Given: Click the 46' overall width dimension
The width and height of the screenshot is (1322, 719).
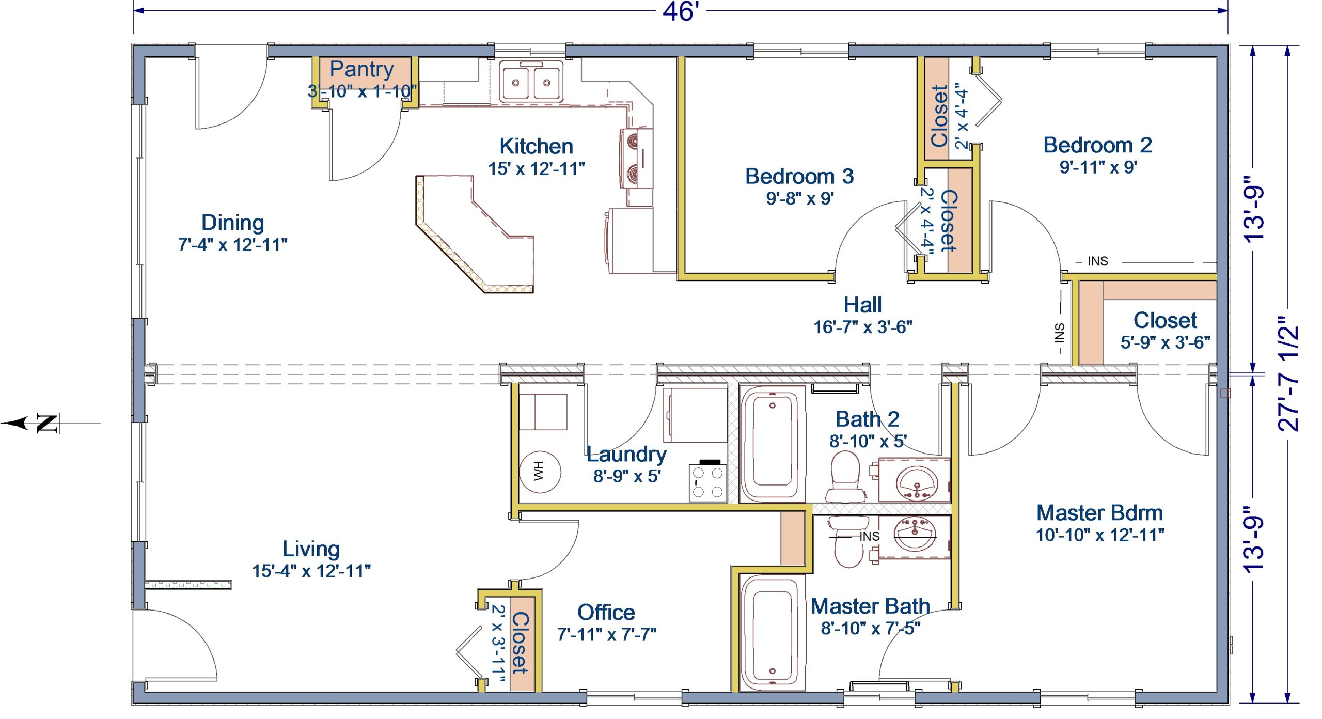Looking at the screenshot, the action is pos(681,11).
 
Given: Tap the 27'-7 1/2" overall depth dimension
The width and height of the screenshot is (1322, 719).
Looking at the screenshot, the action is pos(1288,373).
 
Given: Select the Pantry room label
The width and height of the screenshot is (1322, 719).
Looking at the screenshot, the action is pos(361,69).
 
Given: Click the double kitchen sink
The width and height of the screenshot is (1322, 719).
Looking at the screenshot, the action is pos(531,82).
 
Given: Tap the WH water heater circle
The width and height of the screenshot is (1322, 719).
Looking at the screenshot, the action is pos(540,472).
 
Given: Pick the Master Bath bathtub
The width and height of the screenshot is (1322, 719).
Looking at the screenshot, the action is pos(773,633).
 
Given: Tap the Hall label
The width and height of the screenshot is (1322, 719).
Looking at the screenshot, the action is pos(862,305).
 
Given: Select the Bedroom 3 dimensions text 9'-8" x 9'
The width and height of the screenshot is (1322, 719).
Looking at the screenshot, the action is pos(799,198).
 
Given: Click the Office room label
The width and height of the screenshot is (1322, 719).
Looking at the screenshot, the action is pos(606,612).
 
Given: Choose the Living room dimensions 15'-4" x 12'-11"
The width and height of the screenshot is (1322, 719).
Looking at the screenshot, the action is pos(311,571).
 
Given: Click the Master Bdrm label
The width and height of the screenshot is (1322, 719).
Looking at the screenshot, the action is pos(1100,513).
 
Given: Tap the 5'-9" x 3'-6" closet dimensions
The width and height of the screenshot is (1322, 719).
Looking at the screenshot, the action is pos(1165,342).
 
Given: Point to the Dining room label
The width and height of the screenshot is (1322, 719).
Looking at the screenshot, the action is pos(232,223).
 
